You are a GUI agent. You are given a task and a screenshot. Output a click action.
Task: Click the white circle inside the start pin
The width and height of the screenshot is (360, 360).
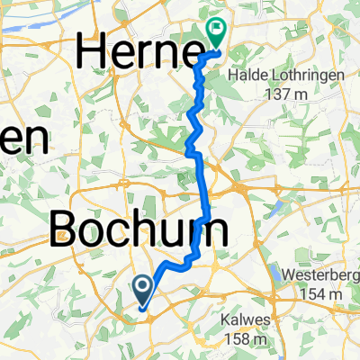pos(143,286)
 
